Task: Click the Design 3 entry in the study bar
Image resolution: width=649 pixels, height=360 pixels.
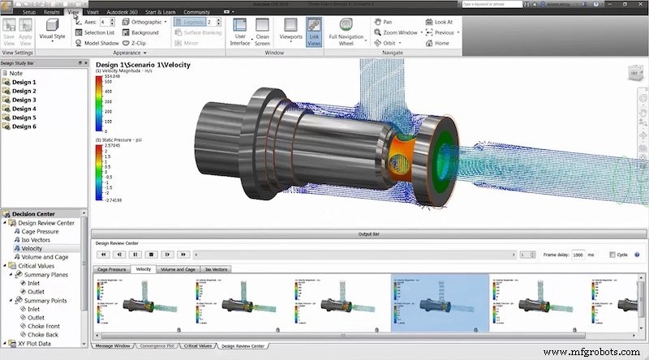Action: [x=24, y=100]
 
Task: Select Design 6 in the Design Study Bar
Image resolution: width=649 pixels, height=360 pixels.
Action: [x=24, y=126]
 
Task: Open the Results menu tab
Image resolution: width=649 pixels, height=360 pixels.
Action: [x=52, y=13]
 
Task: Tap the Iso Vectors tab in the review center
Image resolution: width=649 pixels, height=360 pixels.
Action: [x=216, y=268]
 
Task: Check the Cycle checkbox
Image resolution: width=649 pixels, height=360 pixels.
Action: [x=612, y=254]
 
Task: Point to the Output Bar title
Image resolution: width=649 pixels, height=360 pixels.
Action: [x=369, y=234]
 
